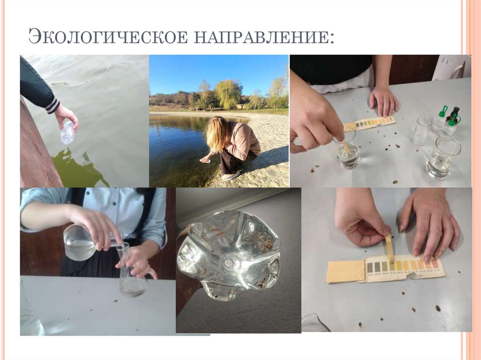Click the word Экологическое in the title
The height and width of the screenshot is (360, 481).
pyautogui.click(x=108, y=37)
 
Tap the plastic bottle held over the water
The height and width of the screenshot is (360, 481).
pyautogui.click(x=68, y=132)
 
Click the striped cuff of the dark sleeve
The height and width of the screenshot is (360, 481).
pyautogui.click(x=53, y=105)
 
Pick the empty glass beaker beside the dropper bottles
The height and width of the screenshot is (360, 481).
pyautogui.click(x=422, y=131)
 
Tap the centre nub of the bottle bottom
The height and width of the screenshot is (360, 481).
pyautogui.click(x=229, y=262)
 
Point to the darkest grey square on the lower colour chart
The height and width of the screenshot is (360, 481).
pyautogui.click(x=370, y=268)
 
